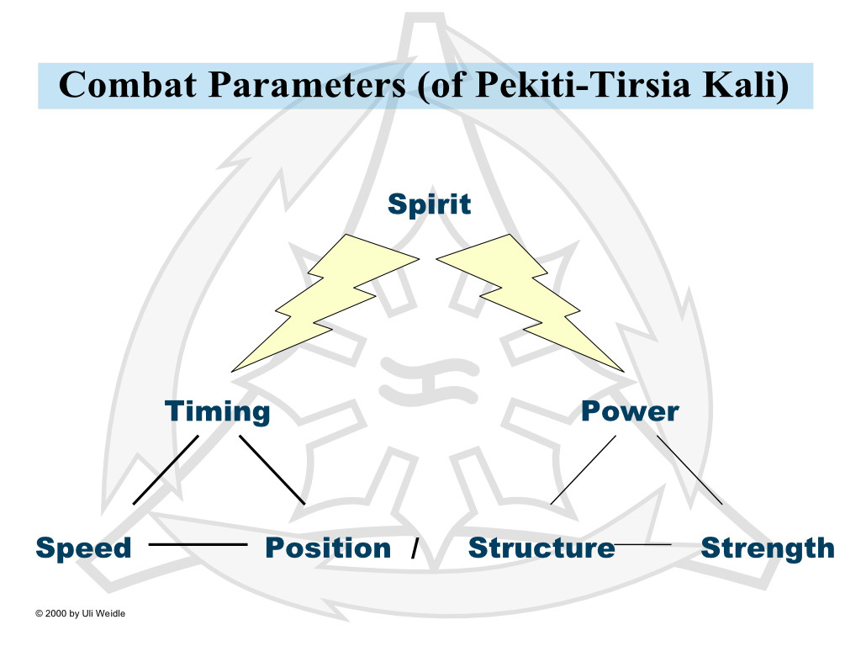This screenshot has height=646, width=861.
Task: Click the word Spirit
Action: (429, 205)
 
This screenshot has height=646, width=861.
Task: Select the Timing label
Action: (218, 412)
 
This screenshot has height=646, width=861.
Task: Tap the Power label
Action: (630, 411)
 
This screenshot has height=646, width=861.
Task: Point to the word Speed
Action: (83, 548)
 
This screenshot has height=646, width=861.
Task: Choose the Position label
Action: (328, 548)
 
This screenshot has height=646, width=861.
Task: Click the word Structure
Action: (541, 548)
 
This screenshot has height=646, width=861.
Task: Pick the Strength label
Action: (768, 548)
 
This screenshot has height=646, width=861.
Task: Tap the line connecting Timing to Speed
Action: (166, 469)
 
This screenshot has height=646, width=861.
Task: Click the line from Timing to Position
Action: (272, 469)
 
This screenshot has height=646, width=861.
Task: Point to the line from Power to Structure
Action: (584, 469)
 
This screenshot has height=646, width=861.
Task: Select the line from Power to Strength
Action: (689, 469)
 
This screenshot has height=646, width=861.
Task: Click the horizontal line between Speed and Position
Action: (198, 544)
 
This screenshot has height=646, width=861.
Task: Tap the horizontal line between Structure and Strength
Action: (642, 544)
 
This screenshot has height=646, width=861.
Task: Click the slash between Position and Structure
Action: (415, 548)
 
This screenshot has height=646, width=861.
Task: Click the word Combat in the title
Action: (128, 85)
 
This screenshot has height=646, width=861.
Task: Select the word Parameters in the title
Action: (307, 86)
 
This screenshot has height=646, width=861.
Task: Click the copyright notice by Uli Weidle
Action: (80, 613)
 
